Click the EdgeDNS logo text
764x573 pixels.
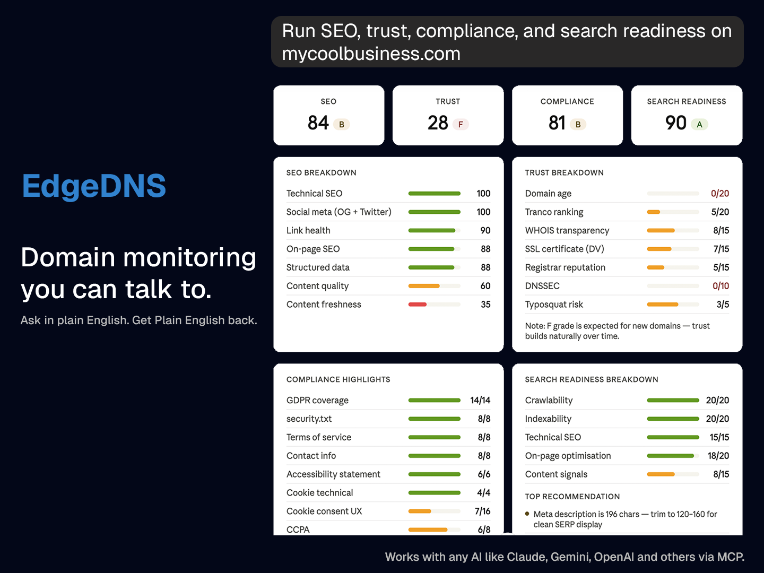(94, 186)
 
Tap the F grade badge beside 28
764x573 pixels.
(461, 124)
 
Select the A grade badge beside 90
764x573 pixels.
(699, 124)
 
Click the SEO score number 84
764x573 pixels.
(318, 123)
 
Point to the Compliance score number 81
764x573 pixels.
(557, 123)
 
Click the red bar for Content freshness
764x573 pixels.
(418, 305)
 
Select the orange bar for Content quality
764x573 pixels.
(424, 286)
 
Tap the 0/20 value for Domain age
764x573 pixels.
(720, 194)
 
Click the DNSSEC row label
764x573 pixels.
(542, 286)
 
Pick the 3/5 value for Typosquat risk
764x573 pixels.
(723, 305)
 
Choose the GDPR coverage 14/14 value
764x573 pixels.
(480, 401)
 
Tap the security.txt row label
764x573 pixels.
(309, 419)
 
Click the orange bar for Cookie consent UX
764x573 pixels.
(420, 511)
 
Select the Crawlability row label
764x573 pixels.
(549, 401)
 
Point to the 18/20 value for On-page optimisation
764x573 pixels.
(718, 456)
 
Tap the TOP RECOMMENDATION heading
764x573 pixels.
(572, 497)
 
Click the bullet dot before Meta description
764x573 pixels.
(527, 514)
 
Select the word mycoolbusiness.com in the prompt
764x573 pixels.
(371, 54)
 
